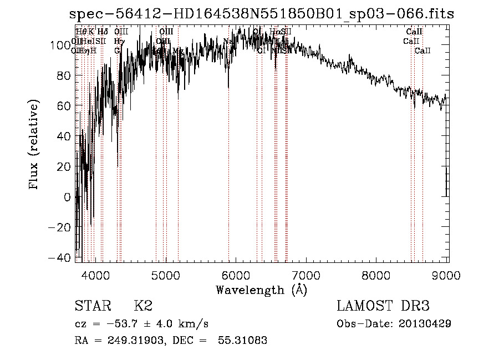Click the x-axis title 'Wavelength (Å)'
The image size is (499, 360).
pyautogui.click(x=261, y=290)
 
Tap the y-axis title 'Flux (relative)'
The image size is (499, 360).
pyautogui.click(x=34, y=146)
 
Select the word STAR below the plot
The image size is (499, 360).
pyautogui.click(x=91, y=306)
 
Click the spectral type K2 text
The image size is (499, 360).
pyautogui.click(x=143, y=306)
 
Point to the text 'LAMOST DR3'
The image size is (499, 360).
pyautogui.click(x=383, y=306)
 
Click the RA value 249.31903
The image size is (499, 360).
pyautogui.click(x=133, y=341)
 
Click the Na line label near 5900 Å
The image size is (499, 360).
pyautogui.click(x=228, y=41)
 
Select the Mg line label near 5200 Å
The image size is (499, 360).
pyautogui.click(x=177, y=50)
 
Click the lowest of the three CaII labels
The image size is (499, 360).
pyautogui.click(x=422, y=50)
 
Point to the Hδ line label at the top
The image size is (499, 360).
pyautogui.click(x=103, y=32)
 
